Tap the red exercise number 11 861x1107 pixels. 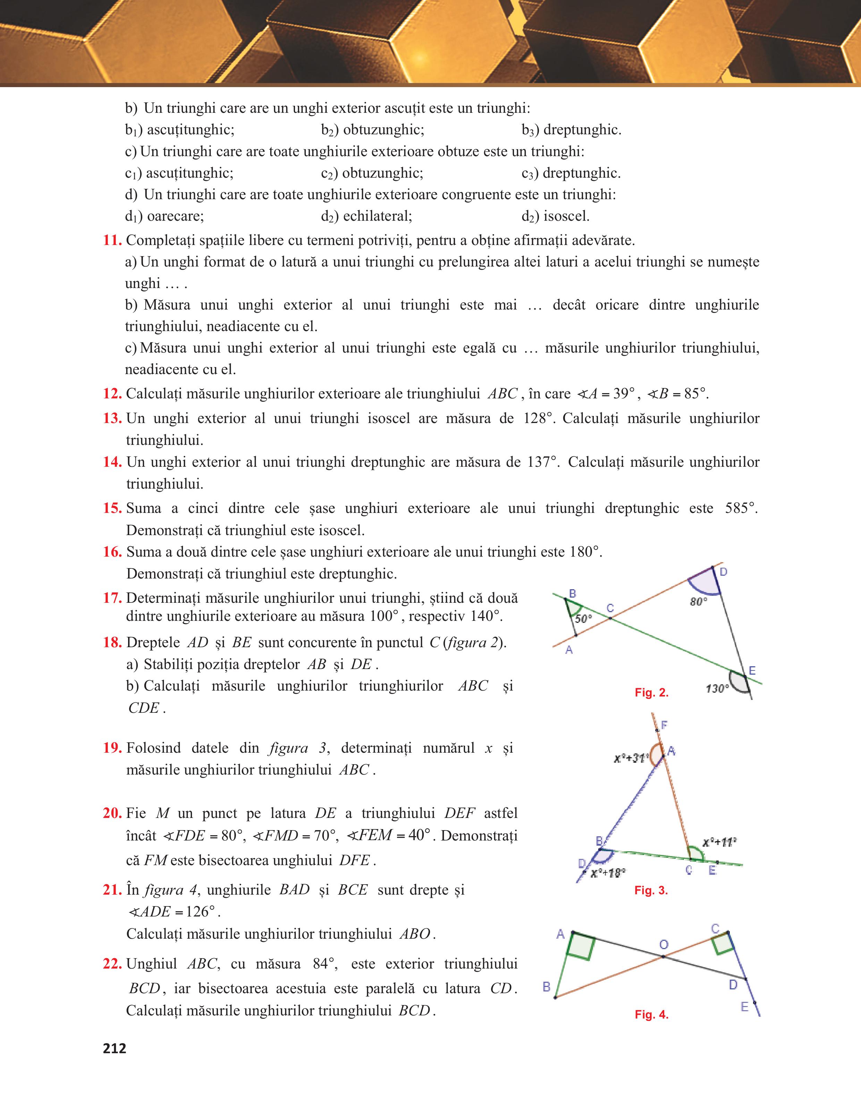click(x=112, y=240)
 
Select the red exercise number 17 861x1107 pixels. click(x=112, y=598)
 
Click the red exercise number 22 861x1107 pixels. click(x=112, y=964)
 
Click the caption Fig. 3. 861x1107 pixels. click(x=651, y=890)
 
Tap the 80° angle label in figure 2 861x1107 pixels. click(x=698, y=602)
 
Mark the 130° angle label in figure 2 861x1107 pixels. click(x=717, y=689)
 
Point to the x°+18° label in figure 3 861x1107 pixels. click(x=608, y=873)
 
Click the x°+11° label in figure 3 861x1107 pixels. click(x=719, y=843)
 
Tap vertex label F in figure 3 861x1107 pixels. click(x=664, y=725)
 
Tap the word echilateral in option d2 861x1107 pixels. click(x=378, y=217)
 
